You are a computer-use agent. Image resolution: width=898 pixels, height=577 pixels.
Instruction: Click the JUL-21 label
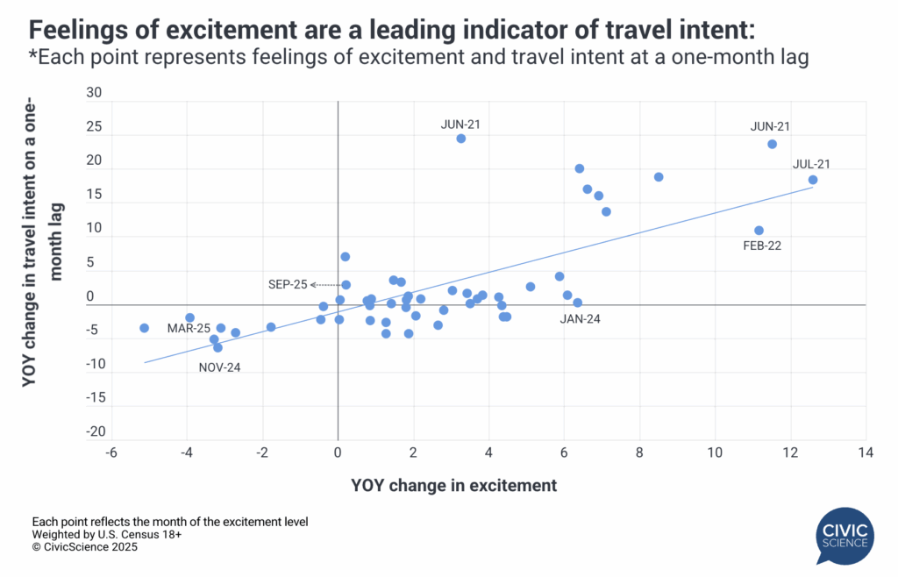(811, 163)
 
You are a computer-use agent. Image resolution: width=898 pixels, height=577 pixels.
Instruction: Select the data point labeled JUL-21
(813, 180)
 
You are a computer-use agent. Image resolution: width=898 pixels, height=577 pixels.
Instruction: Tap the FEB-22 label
(761, 246)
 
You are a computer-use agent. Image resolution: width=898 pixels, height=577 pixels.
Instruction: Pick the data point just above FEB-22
(759, 231)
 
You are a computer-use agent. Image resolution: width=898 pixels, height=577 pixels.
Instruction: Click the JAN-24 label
(580, 318)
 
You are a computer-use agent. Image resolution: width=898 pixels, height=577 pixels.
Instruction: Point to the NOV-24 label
(219, 367)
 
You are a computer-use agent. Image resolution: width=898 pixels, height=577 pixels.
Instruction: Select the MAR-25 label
(189, 328)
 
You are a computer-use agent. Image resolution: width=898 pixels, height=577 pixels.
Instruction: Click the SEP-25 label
(288, 285)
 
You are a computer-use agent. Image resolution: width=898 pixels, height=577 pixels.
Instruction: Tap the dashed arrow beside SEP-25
(326, 285)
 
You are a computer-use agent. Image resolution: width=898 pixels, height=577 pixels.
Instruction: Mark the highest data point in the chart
(460, 139)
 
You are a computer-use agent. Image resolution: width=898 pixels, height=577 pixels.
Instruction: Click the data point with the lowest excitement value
(145, 328)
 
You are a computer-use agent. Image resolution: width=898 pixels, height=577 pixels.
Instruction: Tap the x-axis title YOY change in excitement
(453, 485)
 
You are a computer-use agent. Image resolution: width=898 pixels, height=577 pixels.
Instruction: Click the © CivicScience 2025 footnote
(85, 546)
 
